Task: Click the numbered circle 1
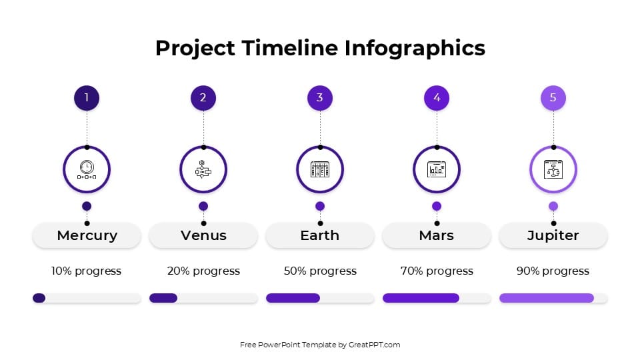(87, 98)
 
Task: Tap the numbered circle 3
(320, 98)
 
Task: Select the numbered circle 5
(553, 98)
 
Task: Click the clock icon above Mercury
(87, 169)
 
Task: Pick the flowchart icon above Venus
(203, 169)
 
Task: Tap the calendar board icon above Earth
(320, 169)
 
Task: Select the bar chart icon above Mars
(437, 169)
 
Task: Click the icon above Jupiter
(553, 169)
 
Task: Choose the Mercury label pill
(87, 235)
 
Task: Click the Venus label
(203, 235)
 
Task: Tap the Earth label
(320, 235)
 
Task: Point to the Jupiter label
(553, 235)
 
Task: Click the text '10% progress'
(87, 271)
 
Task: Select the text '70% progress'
(437, 271)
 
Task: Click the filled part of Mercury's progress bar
(39, 298)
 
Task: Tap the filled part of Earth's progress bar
(293, 298)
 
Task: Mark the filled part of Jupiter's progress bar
(546, 298)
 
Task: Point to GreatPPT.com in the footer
(374, 345)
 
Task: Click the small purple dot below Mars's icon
(437, 206)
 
